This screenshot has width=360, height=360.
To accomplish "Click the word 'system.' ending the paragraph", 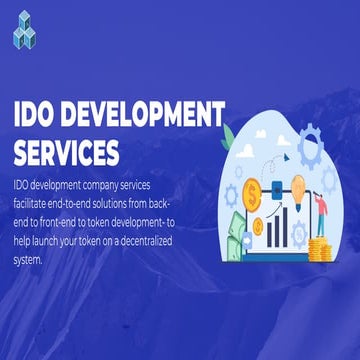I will click(x=29, y=262).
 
